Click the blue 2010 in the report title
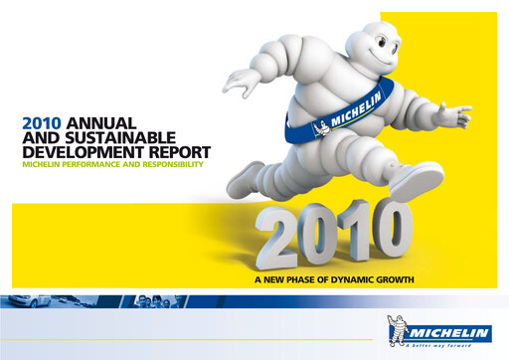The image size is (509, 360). tap(39, 122)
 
